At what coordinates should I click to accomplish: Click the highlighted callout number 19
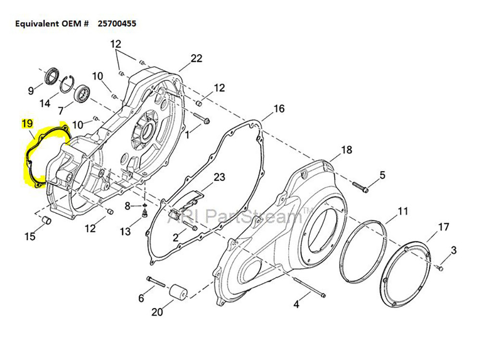[x=26, y=124]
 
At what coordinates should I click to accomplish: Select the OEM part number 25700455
[x=117, y=23]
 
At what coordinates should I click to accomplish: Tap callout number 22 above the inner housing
[x=196, y=58]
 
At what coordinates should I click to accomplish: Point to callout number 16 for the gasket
[x=279, y=109]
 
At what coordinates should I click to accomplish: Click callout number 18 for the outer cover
[x=347, y=149]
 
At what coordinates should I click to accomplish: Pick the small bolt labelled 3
[x=440, y=268]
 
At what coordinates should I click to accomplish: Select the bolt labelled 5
[x=361, y=187]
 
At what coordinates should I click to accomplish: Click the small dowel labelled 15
[x=47, y=220]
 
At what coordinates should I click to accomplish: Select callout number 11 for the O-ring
[x=403, y=211]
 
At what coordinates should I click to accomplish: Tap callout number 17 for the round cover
[x=443, y=226]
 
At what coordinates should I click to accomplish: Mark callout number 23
[x=219, y=177]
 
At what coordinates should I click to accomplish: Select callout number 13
[x=125, y=232]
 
